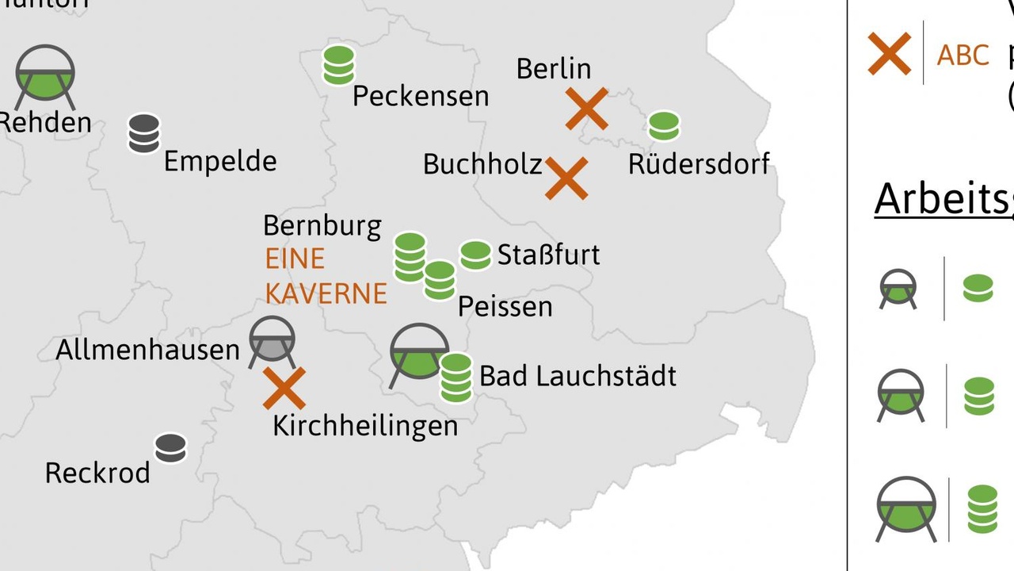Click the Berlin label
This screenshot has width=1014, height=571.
pos(553,69)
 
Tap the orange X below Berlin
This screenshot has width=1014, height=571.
pos(586,109)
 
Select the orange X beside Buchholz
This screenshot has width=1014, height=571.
pos(566,178)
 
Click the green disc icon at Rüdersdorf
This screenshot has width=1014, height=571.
pos(663,126)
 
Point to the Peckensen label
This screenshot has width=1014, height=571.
pos(420,97)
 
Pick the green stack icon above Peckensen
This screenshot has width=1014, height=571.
pos(339,65)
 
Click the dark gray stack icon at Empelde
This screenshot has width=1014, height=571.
pos(144,133)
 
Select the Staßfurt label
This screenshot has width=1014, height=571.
pos(548,255)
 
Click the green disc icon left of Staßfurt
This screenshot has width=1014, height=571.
pos(475,255)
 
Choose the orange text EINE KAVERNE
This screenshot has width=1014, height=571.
pos(326,276)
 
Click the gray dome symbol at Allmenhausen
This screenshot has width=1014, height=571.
pos(272,342)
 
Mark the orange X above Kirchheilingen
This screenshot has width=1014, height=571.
pos(284,388)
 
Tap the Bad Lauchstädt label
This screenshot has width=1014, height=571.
pos(578,376)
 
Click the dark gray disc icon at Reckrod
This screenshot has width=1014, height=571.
pos(170,448)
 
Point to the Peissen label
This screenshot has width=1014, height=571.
pos(505,306)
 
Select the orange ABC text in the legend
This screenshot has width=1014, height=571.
pos(963,56)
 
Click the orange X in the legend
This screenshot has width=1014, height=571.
pos(889,54)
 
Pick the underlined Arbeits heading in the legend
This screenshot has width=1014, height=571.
pos(943,199)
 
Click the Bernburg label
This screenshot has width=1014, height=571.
pos(322,225)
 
